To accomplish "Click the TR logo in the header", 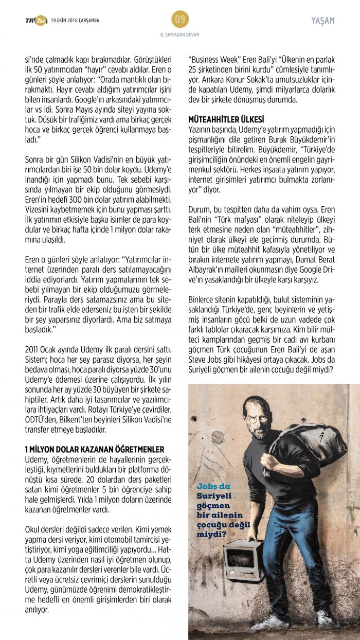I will point(35,21).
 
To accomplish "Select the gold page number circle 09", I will point(180,20).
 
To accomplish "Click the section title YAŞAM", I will point(323,21).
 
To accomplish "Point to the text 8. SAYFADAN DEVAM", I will point(180,35).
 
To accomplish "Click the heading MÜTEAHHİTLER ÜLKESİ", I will point(226,118).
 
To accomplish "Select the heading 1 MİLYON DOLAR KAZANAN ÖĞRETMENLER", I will point(95,449).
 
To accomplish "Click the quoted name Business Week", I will point(211,59).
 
